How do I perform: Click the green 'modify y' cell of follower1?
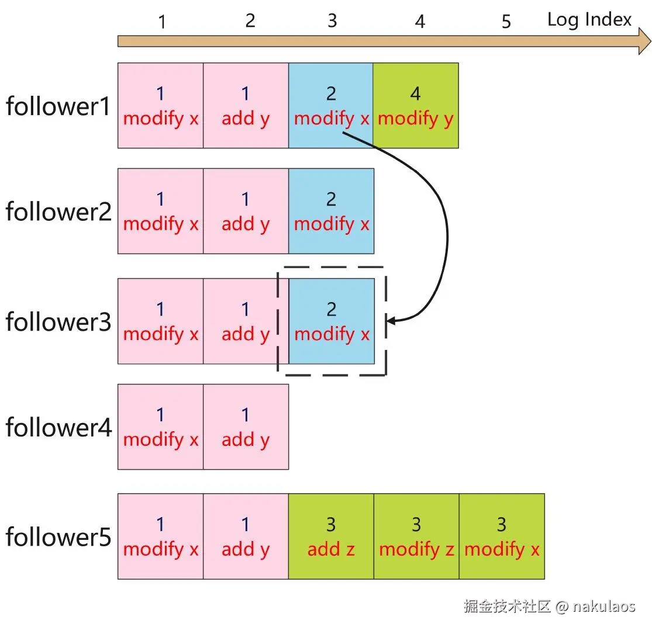(416, 106)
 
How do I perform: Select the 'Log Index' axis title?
(589, 20)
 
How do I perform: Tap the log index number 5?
(506, 22)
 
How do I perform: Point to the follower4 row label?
(58, 428)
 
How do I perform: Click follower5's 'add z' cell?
(331, 536)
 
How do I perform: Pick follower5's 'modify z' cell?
(416, 536)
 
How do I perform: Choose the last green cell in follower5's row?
(502, 536)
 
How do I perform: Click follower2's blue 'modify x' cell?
(331, 211)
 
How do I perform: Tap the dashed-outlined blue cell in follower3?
(332, 321)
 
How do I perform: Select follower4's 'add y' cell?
(246, 427)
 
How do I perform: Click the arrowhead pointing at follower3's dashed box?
(391, 321)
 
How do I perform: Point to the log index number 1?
(162, 22)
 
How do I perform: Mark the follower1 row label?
(58, 106)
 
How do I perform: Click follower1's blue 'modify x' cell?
(331, 106)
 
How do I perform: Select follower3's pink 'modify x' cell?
(161, 321)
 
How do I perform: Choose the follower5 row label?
(58, 537)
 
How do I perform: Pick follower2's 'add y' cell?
(246, 211)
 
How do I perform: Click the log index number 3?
(332, 21)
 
